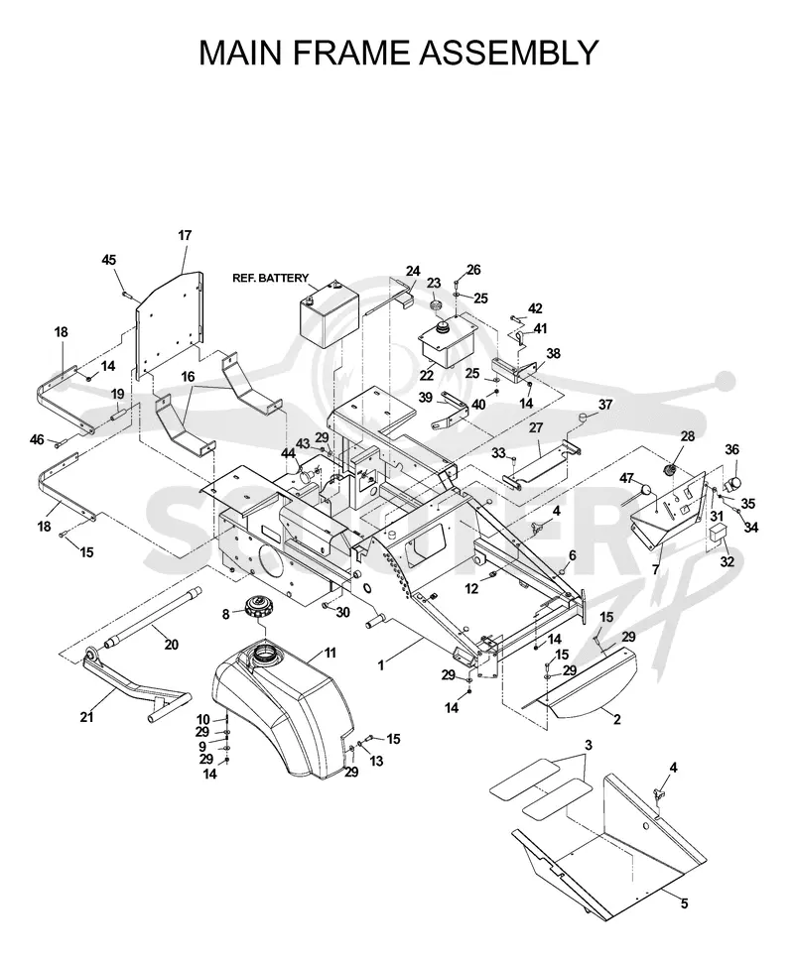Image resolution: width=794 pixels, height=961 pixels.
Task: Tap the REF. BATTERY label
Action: point(270,279)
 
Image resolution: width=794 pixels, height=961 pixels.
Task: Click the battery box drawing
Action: point(323,313)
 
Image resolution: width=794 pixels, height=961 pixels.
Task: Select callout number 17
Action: point(185,235)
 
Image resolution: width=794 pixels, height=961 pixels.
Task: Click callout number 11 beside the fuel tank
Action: point(330,653)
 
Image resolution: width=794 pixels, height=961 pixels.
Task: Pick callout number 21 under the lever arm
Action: point(86,716)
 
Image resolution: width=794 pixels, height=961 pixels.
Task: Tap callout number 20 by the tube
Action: point(171,645)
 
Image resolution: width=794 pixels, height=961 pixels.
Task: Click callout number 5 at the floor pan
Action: point(684,903)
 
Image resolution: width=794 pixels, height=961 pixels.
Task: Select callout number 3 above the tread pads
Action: point(588,746)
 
